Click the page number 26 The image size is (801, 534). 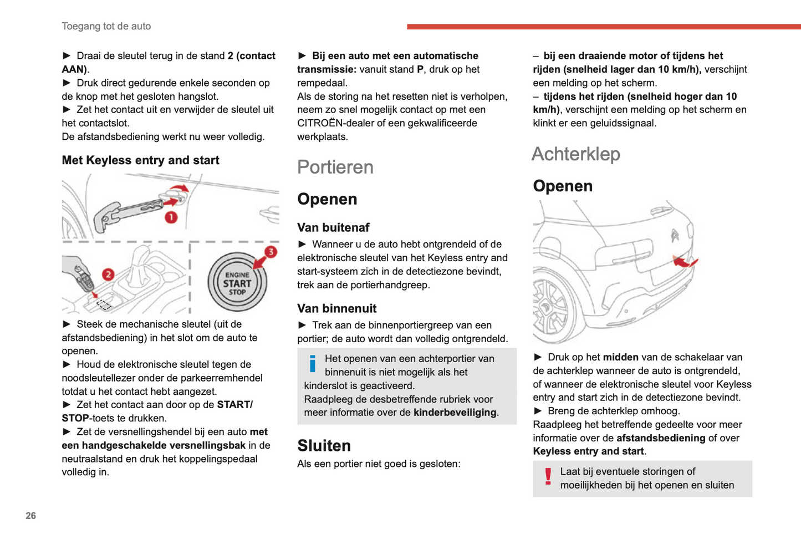(30, 516)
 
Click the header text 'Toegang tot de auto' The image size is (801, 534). (106, 26)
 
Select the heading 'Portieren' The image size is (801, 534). (335, 167)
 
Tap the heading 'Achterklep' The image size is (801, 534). (575, 154)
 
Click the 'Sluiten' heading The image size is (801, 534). (324, 445)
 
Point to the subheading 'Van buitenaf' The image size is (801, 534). (333, 227)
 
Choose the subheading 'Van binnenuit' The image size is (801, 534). (336, 308)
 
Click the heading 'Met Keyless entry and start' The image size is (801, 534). (140, 160)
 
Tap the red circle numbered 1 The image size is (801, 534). (171, 217)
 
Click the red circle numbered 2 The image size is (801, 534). (108, 274)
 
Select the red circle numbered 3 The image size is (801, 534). (271, 252)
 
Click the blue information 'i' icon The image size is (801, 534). (313, 364)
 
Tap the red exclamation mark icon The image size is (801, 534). (548, 476)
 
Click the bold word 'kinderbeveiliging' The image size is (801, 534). (455, 413)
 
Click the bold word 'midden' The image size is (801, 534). (621, 357)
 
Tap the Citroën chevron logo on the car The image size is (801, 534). (675, 235)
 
